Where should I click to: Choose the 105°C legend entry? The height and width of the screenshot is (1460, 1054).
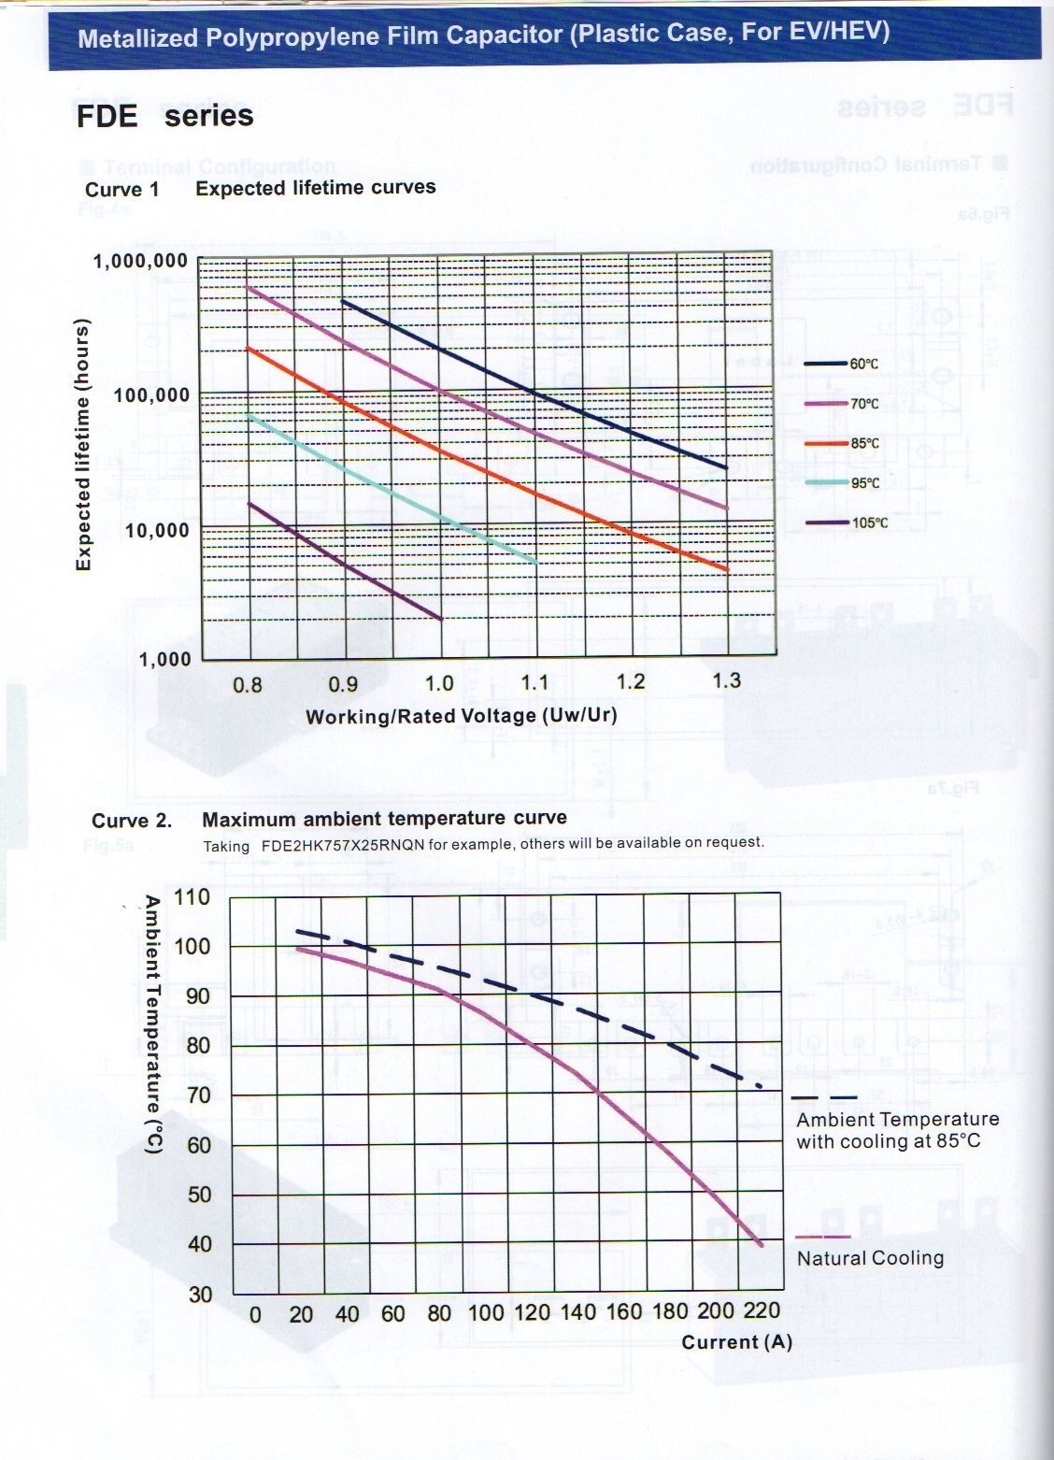(850, 522)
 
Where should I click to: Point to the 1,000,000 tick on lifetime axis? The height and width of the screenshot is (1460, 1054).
(140, 260)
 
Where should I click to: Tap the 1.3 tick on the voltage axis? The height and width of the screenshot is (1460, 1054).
(726, 680)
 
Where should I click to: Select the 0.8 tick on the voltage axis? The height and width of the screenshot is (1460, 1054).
(247, 685)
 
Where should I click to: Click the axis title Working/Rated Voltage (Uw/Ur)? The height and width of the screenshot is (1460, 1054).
(462, 716)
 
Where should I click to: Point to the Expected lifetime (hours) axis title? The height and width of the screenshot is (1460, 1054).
(84, 445)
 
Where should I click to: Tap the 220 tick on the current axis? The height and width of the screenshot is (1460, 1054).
(762, 1310)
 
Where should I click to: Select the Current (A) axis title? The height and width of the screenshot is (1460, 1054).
(736, 1342)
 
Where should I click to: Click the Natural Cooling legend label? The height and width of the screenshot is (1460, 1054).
(870, 1258)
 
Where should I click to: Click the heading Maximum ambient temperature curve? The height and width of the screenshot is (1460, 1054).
(384, 819)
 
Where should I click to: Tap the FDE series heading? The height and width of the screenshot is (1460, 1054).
(164, 116)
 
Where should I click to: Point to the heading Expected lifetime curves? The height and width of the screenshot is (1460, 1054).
(316, 187)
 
